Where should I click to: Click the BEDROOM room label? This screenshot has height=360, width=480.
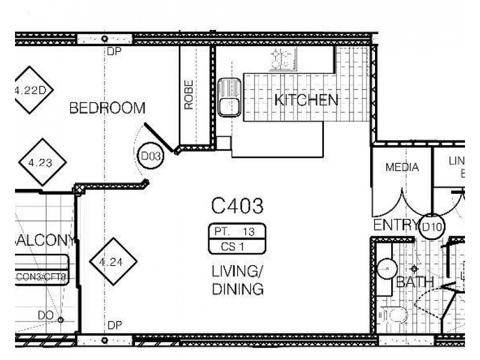click(107, 109)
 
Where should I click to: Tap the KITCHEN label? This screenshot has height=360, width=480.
click(306, 100)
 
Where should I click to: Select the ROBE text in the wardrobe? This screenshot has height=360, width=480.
click(189, 95)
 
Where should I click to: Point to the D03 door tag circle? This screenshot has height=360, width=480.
click(151, 157)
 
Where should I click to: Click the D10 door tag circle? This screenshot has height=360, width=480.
click(432, 227)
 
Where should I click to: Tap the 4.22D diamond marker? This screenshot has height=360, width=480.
click(30, 91)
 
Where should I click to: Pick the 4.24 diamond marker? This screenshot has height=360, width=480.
click(113, 262)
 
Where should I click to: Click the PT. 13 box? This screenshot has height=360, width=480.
click(236, 231)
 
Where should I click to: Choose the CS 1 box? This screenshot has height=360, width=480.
click(236, 245)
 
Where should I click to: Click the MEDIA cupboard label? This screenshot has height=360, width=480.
click(401, 167)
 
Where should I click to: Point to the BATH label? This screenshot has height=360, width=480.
click(415, 283)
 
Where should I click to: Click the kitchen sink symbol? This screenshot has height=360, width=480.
click(229, 97)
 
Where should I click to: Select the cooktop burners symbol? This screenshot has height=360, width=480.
click(284, 58)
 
